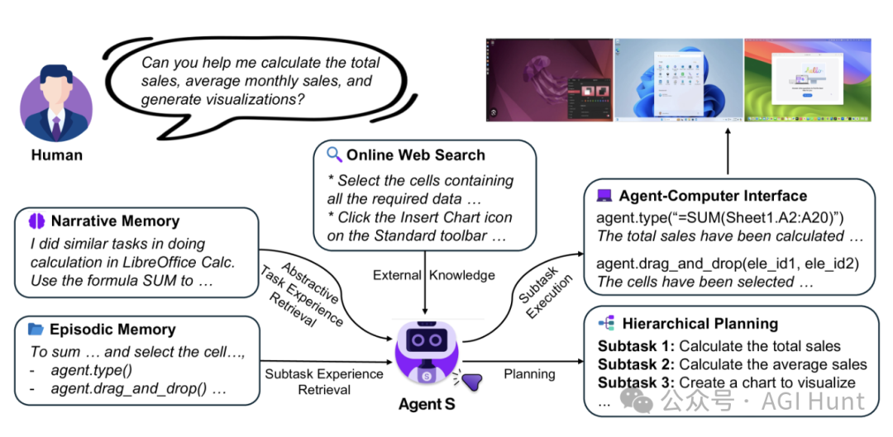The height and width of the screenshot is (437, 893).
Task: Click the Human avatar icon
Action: point(56,106)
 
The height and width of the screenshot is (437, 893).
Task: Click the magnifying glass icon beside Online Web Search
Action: point(334,154)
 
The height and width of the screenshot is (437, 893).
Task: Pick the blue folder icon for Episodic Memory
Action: point(36,329)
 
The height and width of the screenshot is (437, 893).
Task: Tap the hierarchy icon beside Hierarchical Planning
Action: point(606,324)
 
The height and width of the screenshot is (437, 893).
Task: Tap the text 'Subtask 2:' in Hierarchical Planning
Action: point(636,364)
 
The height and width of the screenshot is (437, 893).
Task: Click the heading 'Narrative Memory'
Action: point(115,221)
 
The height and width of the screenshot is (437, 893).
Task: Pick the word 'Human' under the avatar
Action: point(57,154)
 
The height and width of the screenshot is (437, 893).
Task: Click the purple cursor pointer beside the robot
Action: point(471,381)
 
